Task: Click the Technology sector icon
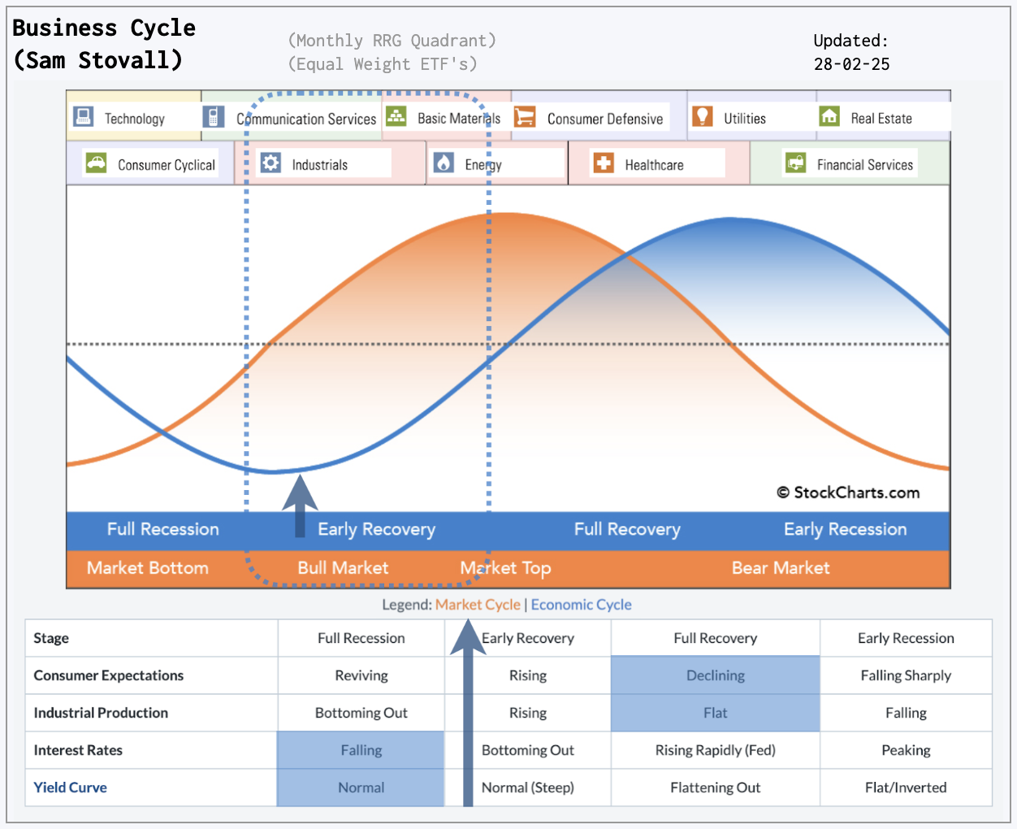(83, 116)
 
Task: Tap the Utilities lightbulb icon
(703, 116)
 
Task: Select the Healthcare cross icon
(604, 163)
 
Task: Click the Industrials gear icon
(270, 163)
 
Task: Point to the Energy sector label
(483, 165)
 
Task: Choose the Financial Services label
(864, 165)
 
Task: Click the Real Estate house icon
(829, 116)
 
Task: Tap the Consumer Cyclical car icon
(97, 163)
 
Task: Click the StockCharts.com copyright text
(848, 493)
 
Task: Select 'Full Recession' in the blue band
(162, 529)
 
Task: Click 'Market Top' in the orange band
(505, 567)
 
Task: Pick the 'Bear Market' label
(781, 567)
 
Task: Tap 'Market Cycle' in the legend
(478, 605)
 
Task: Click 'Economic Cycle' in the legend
(581, 605)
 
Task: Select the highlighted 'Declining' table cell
(716, 675)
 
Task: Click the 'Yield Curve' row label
(70, 788)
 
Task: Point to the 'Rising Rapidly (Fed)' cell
(716, 750)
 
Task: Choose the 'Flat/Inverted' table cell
(906, 788)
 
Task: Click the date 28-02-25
(852, 64)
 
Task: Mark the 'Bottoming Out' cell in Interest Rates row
(528, 750)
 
